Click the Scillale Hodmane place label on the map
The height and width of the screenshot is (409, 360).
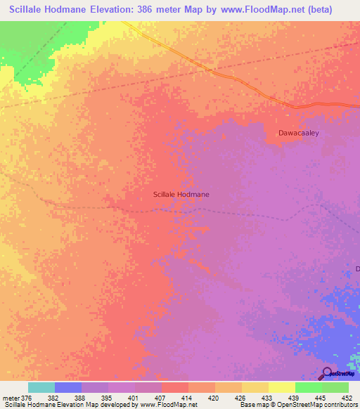pos(181,194)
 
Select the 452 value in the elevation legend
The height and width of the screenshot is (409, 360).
pos(346,398)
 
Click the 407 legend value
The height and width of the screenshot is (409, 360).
pos(159,398)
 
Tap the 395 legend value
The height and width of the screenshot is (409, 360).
pos(106,398)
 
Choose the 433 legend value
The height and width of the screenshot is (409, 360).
pos(266,398)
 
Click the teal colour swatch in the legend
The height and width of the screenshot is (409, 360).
pos(41,387)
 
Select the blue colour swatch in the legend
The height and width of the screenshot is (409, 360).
pos(68,387)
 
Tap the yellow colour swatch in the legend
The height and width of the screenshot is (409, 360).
pos(281,387)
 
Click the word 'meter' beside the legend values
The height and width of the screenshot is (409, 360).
pos(10,398)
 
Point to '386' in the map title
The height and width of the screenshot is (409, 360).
pos(160,10)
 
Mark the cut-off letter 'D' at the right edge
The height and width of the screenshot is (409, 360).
pos(356,269)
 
